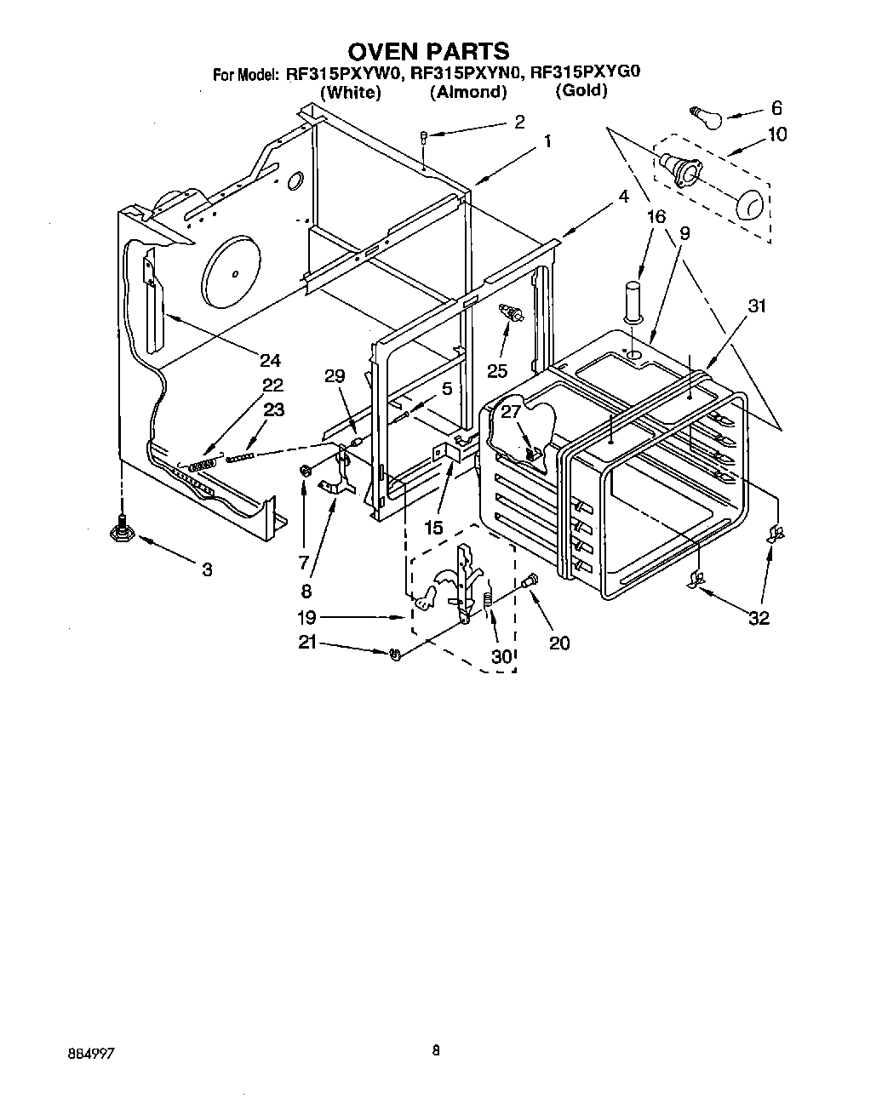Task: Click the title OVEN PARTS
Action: pyautogui.click(x=428, y=52)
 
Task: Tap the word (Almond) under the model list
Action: pyautogui.click(x=467, y=92)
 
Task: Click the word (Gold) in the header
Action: pyautogui.click(x=581, y=91)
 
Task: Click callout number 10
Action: pyautogui.click(x=776, y=134)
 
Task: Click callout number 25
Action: pyautogui.click(x=497, y=369)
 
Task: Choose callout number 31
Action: pyautogui.click(x=756, y=306)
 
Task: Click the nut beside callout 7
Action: pyautogui.click(x=305, y=470)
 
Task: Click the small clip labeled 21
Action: pyautogui.click(x=394, y=655)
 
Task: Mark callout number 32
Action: pyautogui.click(x=758, y=617)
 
